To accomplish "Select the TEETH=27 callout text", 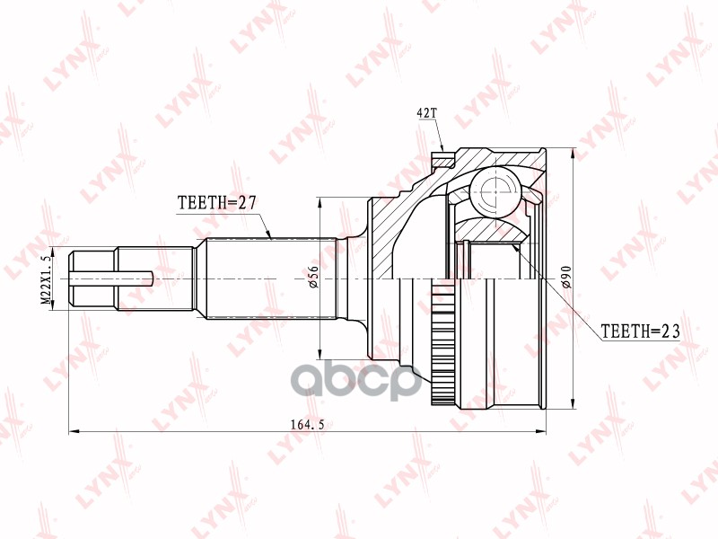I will pos(217,203).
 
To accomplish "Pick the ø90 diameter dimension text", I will pos(565,278).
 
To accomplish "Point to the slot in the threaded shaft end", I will pos(135,278).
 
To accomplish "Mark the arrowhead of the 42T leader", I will pos(443,150).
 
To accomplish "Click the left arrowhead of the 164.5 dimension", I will pos(74,433).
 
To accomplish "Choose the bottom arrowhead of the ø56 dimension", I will pos(320,352).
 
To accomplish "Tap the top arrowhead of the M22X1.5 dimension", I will pos(54,251).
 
